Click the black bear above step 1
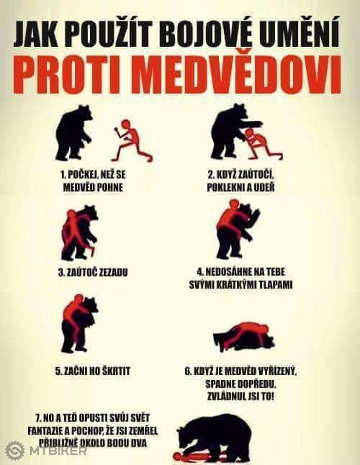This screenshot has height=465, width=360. (x=73, y=132)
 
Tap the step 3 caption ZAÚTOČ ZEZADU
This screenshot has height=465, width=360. (x=93, y=273)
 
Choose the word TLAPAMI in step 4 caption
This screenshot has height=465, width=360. (x=276, y=285)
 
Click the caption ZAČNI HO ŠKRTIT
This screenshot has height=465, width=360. (x=93, y=371)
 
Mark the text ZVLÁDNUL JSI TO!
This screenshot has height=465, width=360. (x=240, y=397)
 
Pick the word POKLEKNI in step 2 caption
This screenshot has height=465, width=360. (x=225, y=187)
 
